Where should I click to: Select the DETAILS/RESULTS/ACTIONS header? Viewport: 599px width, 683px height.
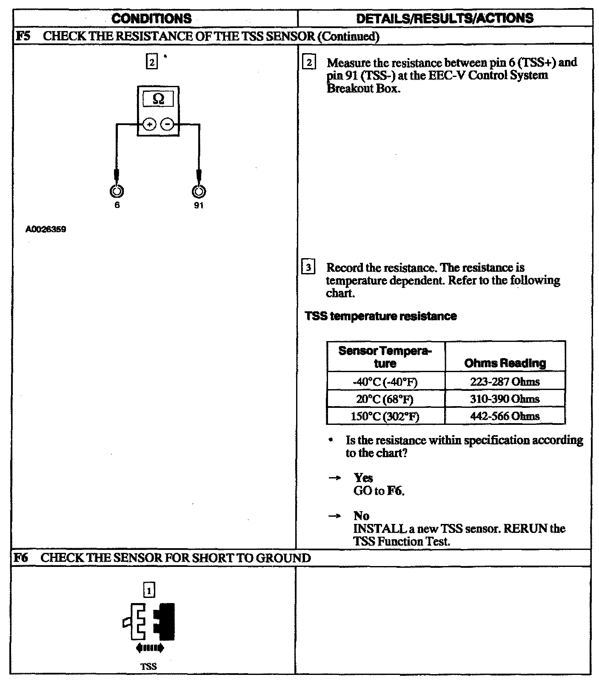pyautogui.click(x=445, y=18)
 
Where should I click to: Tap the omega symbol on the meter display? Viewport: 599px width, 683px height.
pyautogui.click(x=158, y=99)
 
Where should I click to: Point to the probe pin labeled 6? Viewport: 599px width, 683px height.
pyautogui.click(x=117, y=191)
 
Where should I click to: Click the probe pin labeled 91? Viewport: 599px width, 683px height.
pyautogui.click(x=198, y=191)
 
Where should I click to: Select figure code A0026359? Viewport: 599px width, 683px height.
pyautogui.click(x=46, y=230)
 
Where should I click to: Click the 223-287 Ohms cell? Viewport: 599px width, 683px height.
pyautogui.click(x=505, y=381)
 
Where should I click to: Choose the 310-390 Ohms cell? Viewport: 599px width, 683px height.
pyautogui.click(x=505, y=399)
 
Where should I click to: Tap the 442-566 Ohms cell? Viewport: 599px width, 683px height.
pyautogui.click(x=505, y=416)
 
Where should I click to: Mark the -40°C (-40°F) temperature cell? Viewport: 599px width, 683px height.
pyautogui.click(x=385, y=382)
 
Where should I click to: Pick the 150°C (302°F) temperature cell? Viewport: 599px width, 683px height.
pyautogui.click(x=385, y=416)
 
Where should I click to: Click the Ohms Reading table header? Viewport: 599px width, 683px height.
pyautogui.click(x=505, y=363)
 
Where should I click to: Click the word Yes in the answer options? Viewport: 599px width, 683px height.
pyautogui.click(x=363, y=478)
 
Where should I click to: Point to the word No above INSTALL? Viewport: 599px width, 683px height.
pyautogui.click(x=361, y=516)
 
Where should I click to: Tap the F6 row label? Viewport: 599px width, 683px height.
pyautogui.click(x=21, y=558)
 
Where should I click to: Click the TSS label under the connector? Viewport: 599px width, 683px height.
pyautogui.click(x=148, y=666)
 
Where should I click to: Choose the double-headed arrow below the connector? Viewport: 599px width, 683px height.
pyautogui.click(x=149, y=648)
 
